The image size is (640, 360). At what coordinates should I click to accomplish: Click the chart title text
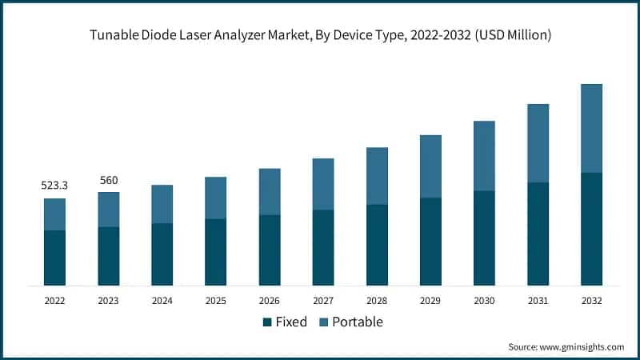(320, 36)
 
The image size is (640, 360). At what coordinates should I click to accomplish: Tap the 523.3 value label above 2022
(54, 186)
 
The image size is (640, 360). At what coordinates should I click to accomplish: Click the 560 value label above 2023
(109, 180)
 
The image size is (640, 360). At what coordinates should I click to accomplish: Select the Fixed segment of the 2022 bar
(54, 258)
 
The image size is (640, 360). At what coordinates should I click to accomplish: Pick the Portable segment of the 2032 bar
(591, 128)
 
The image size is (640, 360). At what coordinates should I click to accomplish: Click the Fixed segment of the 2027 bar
(323, 247)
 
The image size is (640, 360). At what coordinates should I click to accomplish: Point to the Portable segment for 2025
(215, 198)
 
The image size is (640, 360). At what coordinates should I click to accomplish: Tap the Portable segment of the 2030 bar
(484, 156)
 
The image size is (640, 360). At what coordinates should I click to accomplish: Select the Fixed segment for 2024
(162, 254)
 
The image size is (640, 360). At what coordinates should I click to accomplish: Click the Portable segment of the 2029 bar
(430, 166)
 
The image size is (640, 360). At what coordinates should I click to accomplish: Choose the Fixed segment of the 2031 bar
(538, 234)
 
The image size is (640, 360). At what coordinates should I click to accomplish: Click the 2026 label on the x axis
(269, 301)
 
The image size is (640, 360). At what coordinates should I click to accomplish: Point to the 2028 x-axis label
(377, 301)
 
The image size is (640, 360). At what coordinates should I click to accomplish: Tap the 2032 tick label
(591, 301)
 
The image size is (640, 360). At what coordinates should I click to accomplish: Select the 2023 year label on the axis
(109, 301)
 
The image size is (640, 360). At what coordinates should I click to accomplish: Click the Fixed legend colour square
(266, 322)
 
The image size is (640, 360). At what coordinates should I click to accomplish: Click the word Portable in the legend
(358, 322)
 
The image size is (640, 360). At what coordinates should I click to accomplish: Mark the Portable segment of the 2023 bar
(109, 210)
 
